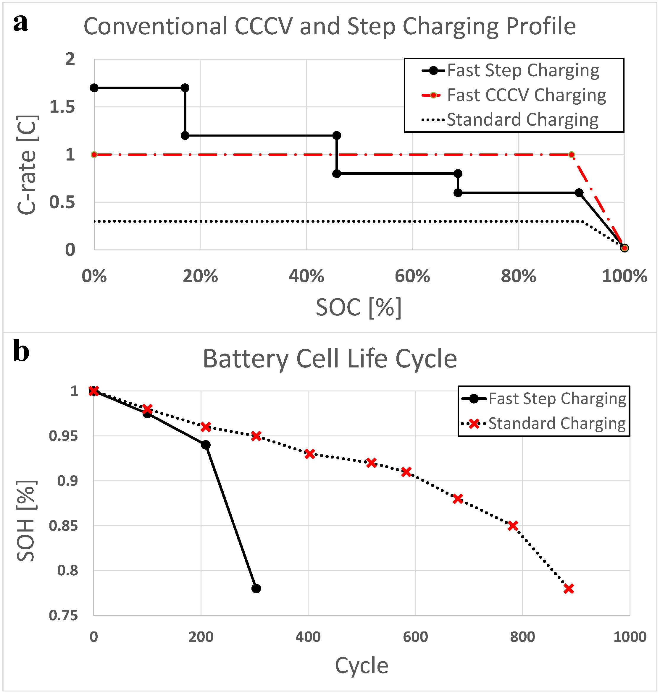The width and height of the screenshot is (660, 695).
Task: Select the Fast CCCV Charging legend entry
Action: click(x=526, y=95)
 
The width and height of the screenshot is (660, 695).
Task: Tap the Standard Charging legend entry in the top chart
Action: click(x=522, y=120)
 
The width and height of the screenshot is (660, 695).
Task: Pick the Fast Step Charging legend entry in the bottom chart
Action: click(x=557, y=399)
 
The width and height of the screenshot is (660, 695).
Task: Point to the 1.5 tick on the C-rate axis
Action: click(x=62, y=107)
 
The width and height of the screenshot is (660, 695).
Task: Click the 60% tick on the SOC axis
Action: click(x=412, y=276)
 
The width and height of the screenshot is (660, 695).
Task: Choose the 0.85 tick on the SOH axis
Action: click(x=63, y=526)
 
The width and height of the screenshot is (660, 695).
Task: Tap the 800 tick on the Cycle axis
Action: click(x=522, y=637)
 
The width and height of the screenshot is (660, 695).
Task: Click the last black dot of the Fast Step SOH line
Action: click(x=256, y=589)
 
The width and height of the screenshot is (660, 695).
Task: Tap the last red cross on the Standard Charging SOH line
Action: click(x=569, y=589)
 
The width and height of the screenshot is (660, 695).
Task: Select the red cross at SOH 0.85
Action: click(x=513, y=526)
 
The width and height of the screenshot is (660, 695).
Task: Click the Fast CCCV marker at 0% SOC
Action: click(x=94, y=155)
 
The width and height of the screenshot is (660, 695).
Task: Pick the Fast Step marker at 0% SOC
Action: click(x=94, y=88)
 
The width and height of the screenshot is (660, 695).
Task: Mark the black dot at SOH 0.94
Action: click(x=206, y=445)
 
